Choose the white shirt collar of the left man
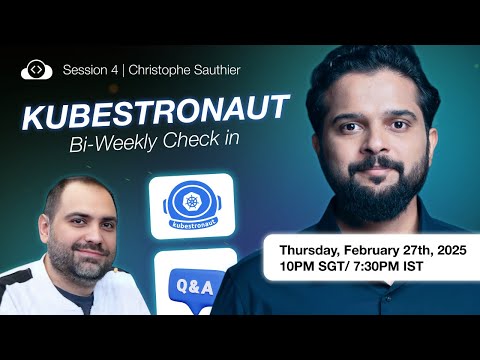click(40, 275)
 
